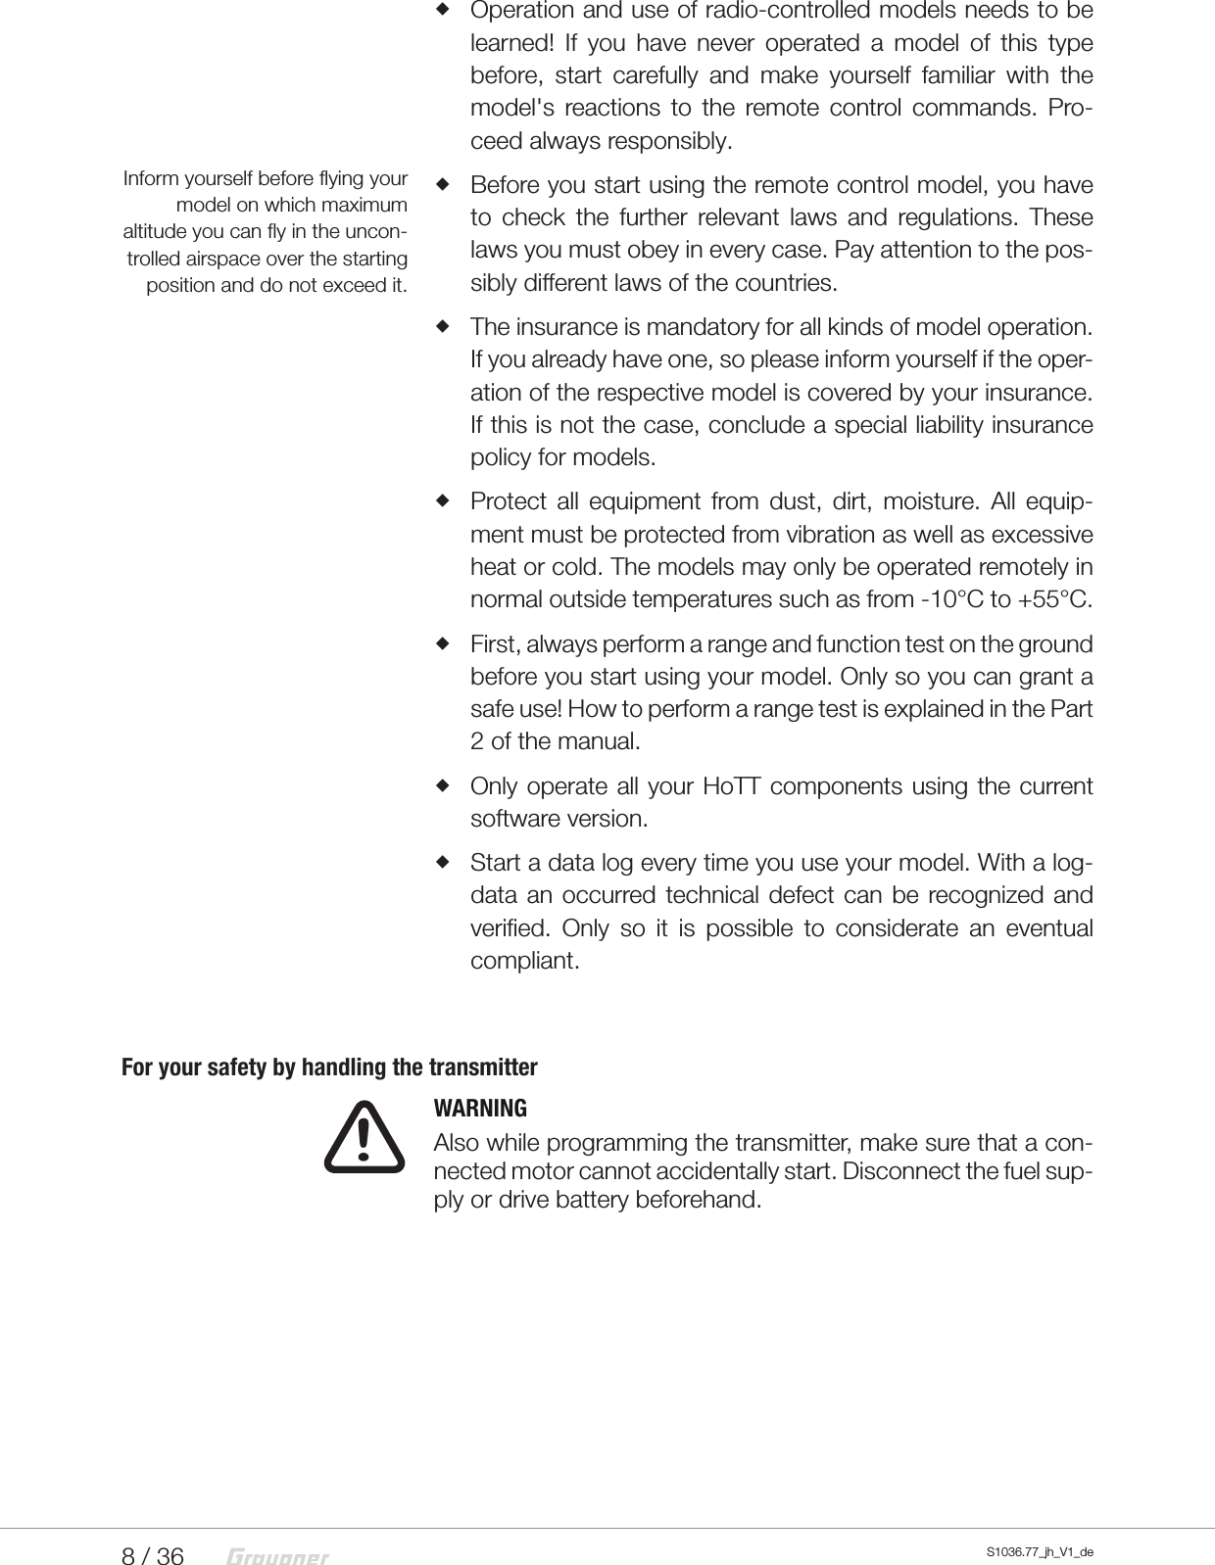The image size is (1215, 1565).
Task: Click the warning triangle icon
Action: click(x=364, y=1138)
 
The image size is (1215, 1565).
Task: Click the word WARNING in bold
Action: click(x=480, y=1109)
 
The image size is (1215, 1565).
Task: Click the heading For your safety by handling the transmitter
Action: click(x=329, y=1067)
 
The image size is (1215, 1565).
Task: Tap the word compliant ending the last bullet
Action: click(x=524, y=961)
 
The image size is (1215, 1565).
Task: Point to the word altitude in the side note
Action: click(x=157, y=233)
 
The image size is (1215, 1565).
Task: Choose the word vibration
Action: click(x=826, y=536)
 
